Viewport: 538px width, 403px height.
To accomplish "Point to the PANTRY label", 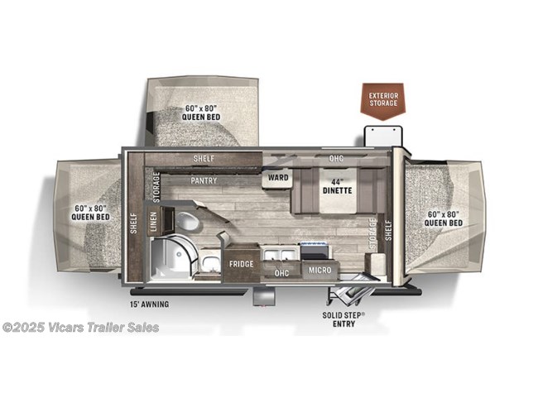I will coord(204,180).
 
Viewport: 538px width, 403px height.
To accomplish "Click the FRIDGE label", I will coord(241,264).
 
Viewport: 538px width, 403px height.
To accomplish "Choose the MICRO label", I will coord(320,270).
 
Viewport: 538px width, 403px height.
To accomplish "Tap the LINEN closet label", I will coord(153,221).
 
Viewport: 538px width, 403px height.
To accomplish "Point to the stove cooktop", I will coord(315,251).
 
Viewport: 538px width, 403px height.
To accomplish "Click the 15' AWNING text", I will coord(149,305).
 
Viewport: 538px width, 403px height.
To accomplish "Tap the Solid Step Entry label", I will coord(339,319).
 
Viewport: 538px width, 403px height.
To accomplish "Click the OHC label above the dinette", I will coord(336,158).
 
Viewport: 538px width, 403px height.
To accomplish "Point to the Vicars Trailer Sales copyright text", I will coord(81,327).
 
